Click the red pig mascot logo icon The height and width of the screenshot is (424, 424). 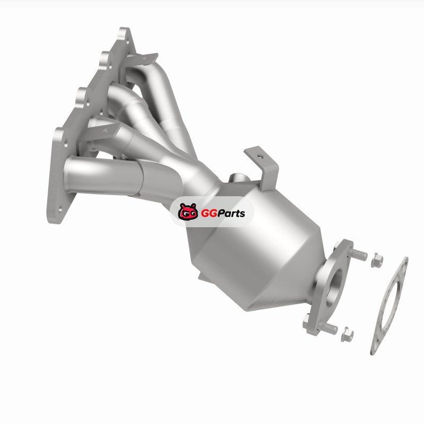(188, 211)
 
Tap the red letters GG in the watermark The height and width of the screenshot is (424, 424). (208, 214)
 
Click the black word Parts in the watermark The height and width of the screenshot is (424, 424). (231, 214)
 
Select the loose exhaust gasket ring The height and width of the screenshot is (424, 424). (390, 306)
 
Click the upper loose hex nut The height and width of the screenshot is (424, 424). (377, 260)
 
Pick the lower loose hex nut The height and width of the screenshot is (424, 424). (347, 334)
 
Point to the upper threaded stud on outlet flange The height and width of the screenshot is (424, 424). (357, 254)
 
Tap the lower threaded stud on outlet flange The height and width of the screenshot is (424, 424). (328, 328)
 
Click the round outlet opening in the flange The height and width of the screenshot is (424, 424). (334, 287)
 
